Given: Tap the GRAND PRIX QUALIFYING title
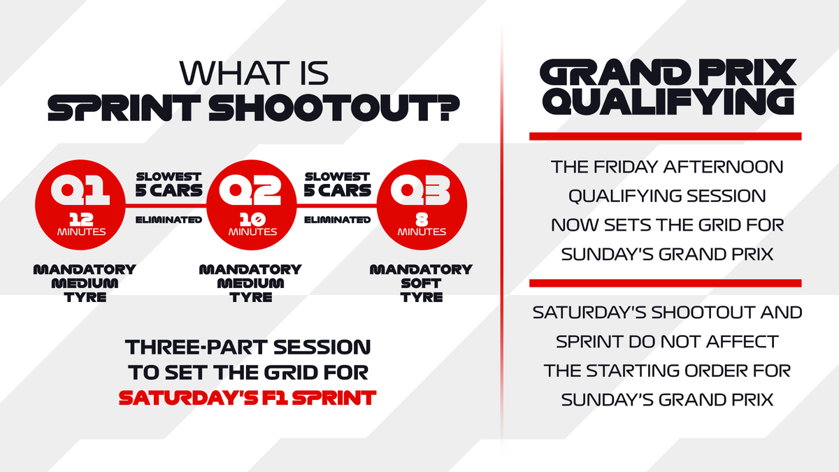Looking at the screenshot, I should pyautogui.click(x=665, y=87).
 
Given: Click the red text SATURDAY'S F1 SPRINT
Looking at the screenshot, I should pyautogui.click(x=248, y=397).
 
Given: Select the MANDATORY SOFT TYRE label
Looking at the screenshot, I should pyautogui.click(x=421, y=283).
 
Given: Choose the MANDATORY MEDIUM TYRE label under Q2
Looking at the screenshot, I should pyautogui.click(x=250, y=283).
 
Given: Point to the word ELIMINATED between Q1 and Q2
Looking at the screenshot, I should pyautogui.click(x=168, y=220).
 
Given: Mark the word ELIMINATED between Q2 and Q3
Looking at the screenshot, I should pyautogui.click(x=336, y=220).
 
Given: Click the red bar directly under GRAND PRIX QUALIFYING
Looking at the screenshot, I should pyautogui.click(x=665, y=136).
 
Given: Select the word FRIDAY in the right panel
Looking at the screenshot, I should pyautogui.click(x=625, y=168).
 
